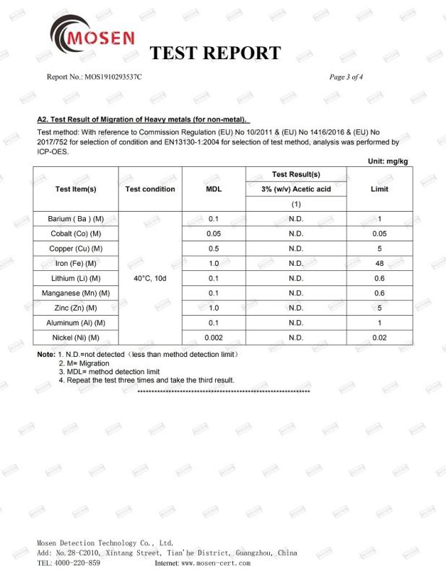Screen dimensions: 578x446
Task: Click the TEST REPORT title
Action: (x=214, y=53)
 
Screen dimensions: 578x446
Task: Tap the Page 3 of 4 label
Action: (x=346, y=77)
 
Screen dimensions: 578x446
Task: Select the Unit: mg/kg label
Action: (x=388, y=161)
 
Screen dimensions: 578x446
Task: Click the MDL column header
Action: (x=214, y=189)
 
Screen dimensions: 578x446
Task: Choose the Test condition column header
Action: (x=150, y=189)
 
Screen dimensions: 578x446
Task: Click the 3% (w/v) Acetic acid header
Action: (x=296, y=189)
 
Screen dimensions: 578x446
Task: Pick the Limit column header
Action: (x=379, y=189)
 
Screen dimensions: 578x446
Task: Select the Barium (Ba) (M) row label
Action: (x=76, y=218)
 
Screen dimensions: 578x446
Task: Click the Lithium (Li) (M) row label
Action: (x=76, y=278)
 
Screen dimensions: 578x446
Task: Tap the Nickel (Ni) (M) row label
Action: (x=76, y=337)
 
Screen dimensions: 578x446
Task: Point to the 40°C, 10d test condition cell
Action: (x=150, y=278)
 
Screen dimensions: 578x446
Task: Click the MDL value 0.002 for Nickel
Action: (x=214, y=337)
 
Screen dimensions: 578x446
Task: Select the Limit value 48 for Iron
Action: (x=379, y=264)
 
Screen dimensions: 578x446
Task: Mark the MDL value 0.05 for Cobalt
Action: (x=214, y=233)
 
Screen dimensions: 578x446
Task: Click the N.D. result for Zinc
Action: (x=296, y=308)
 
